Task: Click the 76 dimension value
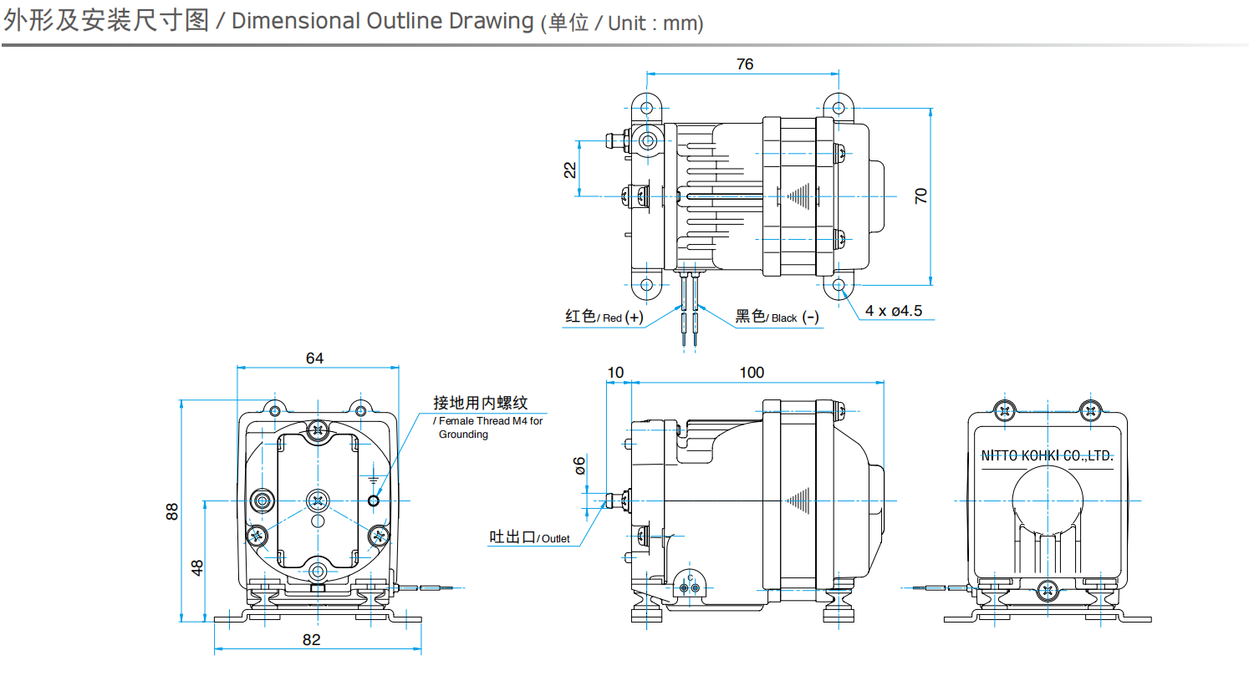coord(744,64)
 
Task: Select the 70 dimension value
coord(921,196)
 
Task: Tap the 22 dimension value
coord(569,170)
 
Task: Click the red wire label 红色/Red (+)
coord(604,317)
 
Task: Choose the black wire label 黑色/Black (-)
coord(777,317)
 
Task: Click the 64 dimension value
coord(314,358)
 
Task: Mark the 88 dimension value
coord(172,511)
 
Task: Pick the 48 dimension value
coord(197,567)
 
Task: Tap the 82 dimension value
coord(311,640)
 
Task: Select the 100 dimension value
coord(752,373)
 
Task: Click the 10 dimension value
coord(615,373)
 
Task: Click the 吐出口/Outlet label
coord(530,538)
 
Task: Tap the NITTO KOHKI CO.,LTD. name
coord(1047,456)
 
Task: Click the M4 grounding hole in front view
coord(374,501)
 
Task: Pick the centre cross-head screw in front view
coord(318,501)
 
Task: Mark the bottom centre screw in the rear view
coord(1048,590)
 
